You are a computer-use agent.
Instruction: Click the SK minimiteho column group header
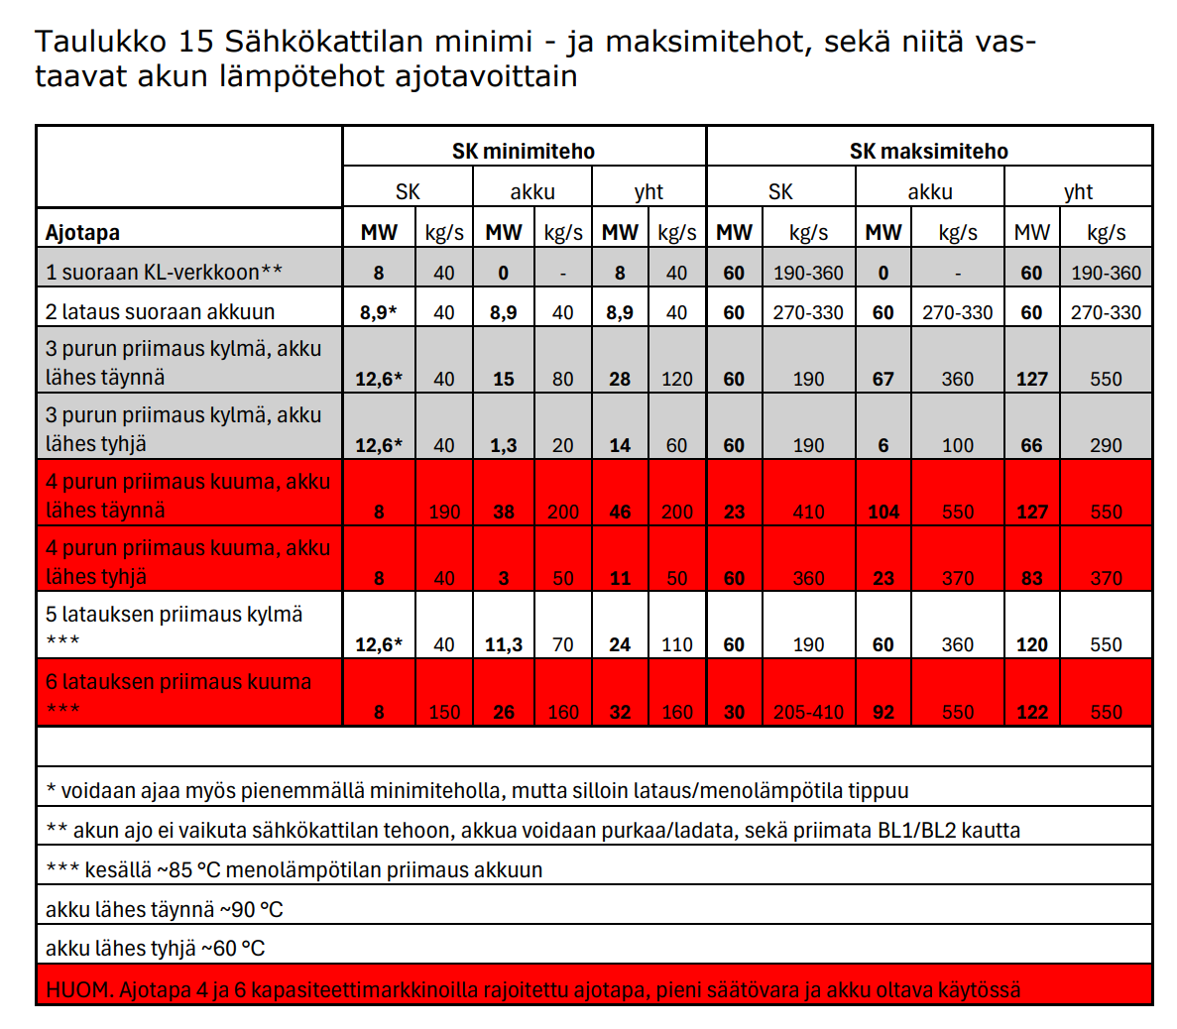pyautogui.click(x=524, y=151)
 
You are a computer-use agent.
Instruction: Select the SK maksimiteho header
pyautogui.click(x=928, y=151)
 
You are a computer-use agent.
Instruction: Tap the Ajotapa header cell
pyautogui.click(x=82, y=233)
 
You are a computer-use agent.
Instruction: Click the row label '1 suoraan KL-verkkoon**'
pyautogui.click(x=164, y=272)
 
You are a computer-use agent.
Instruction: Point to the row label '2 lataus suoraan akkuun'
pyautogui.click(x=160, y=311)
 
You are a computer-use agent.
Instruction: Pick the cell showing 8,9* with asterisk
pyautogui.click(x=378, y=312)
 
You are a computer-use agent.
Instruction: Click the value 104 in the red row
pyautogui.click(x=883, y=512)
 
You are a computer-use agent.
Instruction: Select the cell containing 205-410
pyautogui.click(x=808, y=712)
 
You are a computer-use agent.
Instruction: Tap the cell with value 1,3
pyautogui.click(x=503, y=445)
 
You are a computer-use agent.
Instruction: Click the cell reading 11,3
pyautogui.click(x=503, y=644)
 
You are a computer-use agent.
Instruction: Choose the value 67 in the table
pyautogui.click(x=883, y=379)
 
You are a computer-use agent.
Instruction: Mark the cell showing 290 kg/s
pyautogui.click(x=1106, y=445)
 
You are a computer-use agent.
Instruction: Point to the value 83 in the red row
pyautogui.click(x=1031, y=578)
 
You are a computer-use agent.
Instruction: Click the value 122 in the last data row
pyautogui.click(x=1031, y=712)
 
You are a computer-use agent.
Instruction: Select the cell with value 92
pyautogui.click(x=883, y=712)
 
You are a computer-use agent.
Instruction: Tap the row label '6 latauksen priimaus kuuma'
pyautogui.click(x=178, y=682)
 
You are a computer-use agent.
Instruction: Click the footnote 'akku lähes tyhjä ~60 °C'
pyautogui.click(x=155, y=948)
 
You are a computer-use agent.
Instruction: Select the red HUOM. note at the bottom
pyautogui.click(x=532, y=989)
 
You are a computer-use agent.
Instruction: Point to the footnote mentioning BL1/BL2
pyautogui.click(x=532, y=830)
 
